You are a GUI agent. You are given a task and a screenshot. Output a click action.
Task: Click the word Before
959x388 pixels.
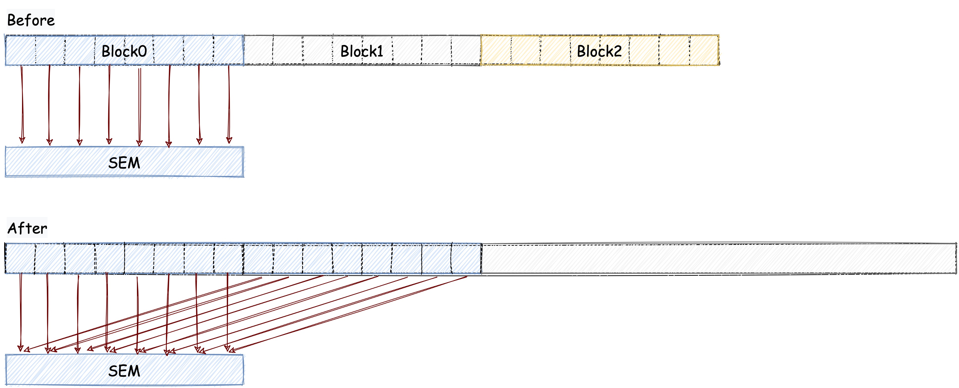pyautogui.click(x=31, y=20)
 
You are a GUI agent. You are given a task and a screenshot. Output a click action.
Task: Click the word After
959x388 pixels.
pyautogui.click(x=27, y=228)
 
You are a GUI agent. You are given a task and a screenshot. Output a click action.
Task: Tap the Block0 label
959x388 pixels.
pyautogui.click(x=124, y=51)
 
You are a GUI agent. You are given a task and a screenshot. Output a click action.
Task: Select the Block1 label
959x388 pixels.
pyautogui.click(x=362, y=51)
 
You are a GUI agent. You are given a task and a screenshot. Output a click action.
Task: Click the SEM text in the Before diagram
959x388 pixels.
pyautogui.click(x=124, y=163)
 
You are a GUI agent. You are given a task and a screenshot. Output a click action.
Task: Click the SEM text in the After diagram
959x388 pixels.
pyautogui.click(x=124, y=371)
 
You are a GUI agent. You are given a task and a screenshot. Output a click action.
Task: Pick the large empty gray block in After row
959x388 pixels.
pyautogui.click(x=719, y=258)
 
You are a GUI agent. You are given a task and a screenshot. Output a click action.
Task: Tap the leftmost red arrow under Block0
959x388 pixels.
pyautogui.click(x=22, y=104)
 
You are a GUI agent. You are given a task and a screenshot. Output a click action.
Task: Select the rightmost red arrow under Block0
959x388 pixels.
pyautogui.click(x=229, y=104)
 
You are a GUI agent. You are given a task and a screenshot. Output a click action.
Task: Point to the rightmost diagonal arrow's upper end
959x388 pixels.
pyautogui.click(x=465, y=277)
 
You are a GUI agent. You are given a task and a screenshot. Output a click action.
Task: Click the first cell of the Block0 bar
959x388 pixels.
pyautogui.click(x=21, y=50)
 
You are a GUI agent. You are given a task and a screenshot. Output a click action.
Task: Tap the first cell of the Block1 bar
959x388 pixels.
pyautogui.click(x=258, y=50)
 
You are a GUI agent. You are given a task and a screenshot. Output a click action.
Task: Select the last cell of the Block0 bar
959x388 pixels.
pyautogui.click(x=229, y=50)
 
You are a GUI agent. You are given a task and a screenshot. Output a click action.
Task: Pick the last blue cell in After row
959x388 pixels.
pyautogui.click(x=466, y=258)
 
